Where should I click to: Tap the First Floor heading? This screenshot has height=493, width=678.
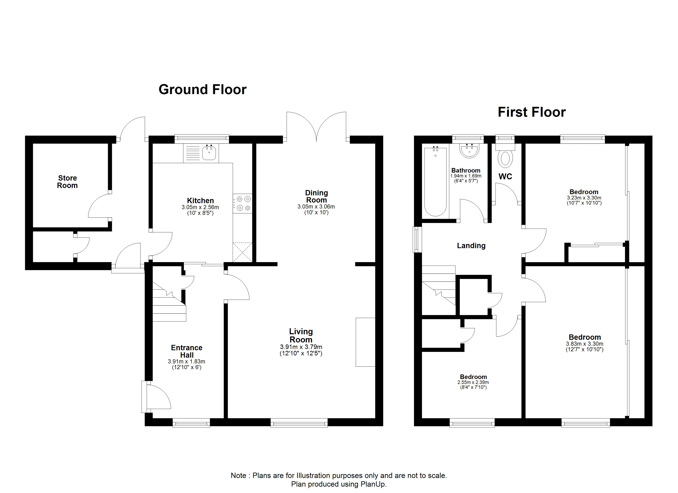[x=532, y=112]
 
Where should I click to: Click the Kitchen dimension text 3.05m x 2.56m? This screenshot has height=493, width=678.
[x=200, y=207]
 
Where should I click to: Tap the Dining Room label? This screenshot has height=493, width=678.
[x=316, y=196]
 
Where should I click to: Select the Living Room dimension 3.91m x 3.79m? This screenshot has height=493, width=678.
[x=301, y=347]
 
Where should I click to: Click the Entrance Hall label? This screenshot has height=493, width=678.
[x=187, y=351]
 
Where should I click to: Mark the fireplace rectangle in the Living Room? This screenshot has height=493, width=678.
[x=365, y=342]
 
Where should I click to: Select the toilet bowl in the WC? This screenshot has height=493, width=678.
[x=505, y=158]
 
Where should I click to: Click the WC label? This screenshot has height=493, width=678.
[x=505, y=177]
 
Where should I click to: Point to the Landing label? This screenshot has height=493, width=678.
[x=471, y=246]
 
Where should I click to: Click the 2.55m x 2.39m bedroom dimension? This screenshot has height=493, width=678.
[x=473, y=382]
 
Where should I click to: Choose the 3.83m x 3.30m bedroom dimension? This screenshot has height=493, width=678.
[x=585, y=344]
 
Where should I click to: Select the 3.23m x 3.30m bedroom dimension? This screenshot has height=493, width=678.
[x=584, y=198]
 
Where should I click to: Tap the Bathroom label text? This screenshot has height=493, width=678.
[x=466, y=170]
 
